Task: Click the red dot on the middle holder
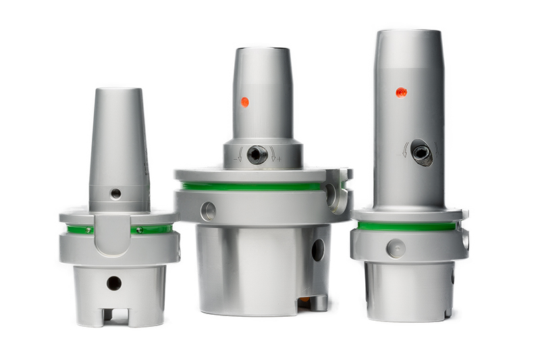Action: (244, 102)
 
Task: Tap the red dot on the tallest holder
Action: (401, 92)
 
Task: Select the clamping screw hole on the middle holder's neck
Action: (256, 155)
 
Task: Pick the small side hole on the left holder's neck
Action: (116, 194)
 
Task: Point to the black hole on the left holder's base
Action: (114, 283)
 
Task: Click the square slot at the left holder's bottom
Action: (115, 315)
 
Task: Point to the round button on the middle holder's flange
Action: (209, 211)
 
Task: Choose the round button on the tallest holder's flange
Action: (396, 248)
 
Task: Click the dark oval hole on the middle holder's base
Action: (317, 251)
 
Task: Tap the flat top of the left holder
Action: (117, 90)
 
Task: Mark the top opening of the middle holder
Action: (263, 49)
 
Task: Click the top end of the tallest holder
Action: (409, 32)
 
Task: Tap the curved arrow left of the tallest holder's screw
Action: (405, 150)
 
